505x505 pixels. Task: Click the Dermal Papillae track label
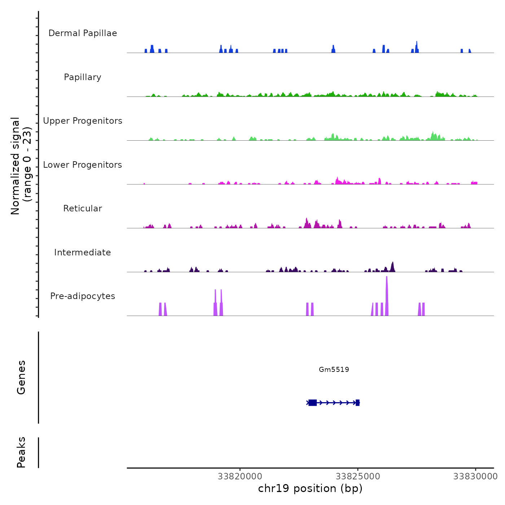pos(83,33)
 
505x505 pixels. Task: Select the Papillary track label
pos(83,77)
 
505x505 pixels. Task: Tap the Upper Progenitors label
pos(83,121)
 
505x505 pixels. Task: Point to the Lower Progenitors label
pos(83,165)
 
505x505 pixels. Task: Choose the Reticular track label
pos(83,208)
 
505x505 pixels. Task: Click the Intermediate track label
pos(83,252)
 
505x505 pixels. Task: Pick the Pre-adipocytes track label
pos(83,296)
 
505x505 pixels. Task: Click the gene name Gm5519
pos(334,369)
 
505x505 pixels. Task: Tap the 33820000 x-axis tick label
pos(240,477)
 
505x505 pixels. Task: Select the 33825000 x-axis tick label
pos(358,477)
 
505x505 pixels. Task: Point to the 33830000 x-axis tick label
pos(475,477)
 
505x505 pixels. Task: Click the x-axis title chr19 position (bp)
pos(310,488)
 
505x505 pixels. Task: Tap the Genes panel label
pos(21,377)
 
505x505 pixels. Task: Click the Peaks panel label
pos(21,452)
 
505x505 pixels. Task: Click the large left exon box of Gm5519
pos(313,403)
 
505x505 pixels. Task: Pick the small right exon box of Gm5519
pos(357,403)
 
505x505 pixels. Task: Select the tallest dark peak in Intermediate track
pos(392,266)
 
